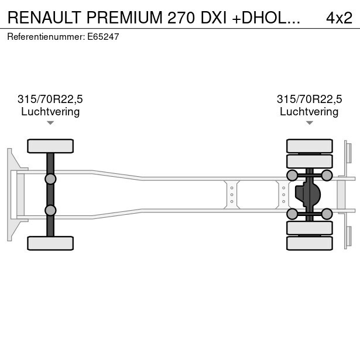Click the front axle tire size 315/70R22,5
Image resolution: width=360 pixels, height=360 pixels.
(50, 100)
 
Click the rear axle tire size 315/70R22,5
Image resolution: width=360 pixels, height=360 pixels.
(308, 100)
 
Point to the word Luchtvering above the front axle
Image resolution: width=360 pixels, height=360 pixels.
(50, 112)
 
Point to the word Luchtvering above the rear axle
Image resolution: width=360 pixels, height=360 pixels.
(308, 112)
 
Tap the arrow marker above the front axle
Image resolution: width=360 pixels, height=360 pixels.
(50, 123)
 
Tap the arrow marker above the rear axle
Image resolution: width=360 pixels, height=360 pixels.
(309, 123)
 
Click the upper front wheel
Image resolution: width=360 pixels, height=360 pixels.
(50, 146)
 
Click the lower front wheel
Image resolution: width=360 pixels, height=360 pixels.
(50, 243)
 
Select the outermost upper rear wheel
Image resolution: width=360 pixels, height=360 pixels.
(309, 146)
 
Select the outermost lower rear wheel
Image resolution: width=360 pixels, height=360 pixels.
(309, 243)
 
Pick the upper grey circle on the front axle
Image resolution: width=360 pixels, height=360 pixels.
(50, 179)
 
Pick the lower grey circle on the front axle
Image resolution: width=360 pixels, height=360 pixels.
(50, 210)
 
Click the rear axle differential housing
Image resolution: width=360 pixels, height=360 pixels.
(307, 194)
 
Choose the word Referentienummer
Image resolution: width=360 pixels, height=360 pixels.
(44, 36)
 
